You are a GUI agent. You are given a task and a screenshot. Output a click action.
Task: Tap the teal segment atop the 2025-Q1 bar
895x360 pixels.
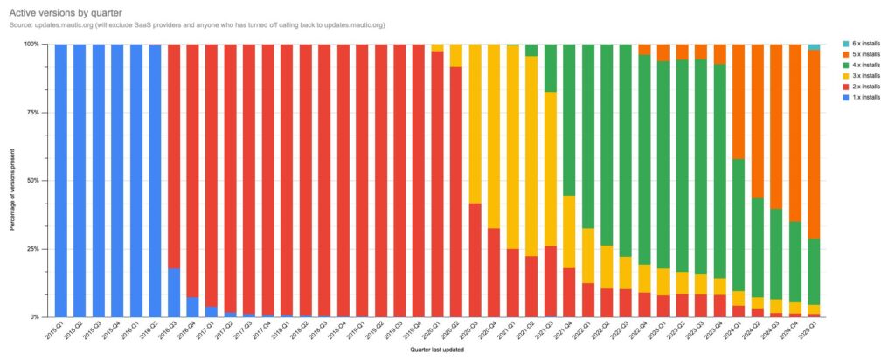[x=814, y=47]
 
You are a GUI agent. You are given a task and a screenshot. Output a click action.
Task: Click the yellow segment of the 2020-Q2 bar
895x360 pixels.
[x=456, y=55]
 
